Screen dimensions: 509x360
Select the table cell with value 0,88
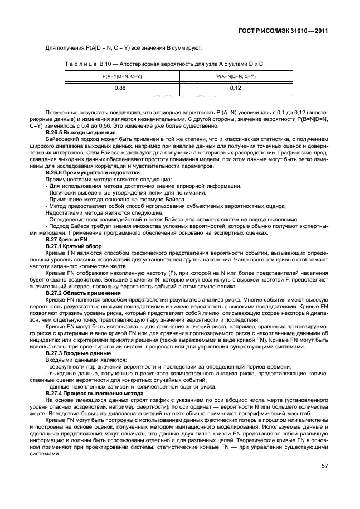click(119, 88)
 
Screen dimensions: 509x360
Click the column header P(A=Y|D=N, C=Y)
click(119, 76)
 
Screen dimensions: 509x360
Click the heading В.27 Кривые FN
click(64, 239)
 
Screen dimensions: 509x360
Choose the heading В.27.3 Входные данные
click(74, 352)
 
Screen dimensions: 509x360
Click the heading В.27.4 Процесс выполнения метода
click(87, 392)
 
